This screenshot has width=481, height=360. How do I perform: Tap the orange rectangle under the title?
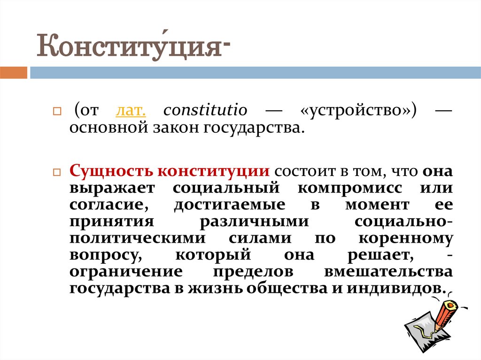(x=13, y=73)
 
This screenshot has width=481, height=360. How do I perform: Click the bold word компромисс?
(x=349, y=188)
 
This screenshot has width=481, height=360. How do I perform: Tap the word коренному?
(x=405, y=237)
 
